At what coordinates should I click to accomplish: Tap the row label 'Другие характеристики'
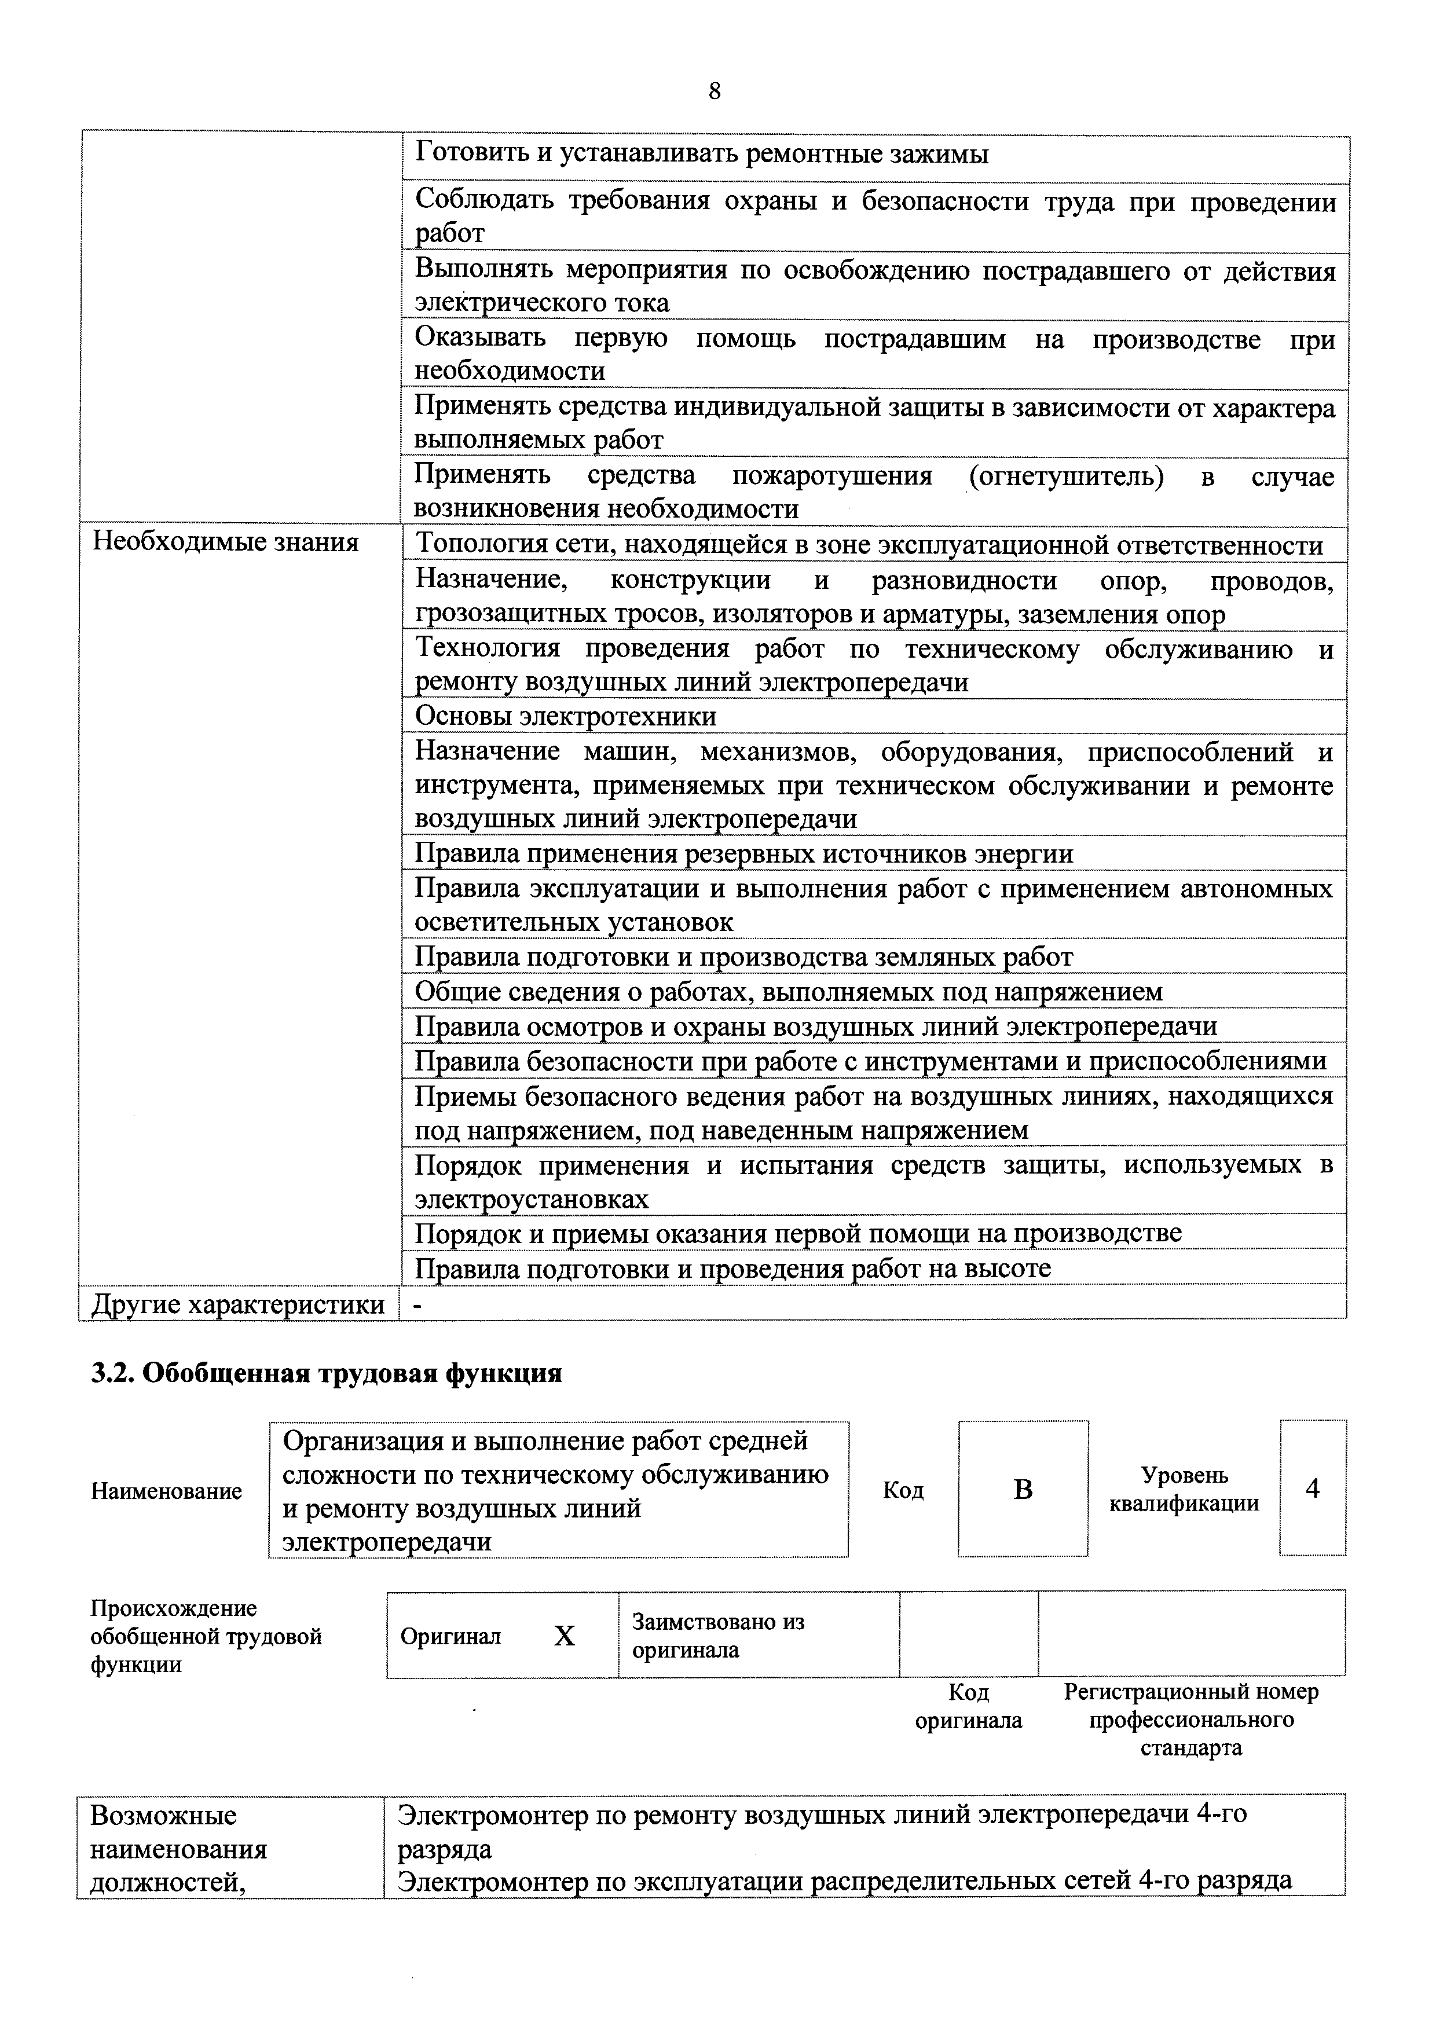(x=239, y=1304)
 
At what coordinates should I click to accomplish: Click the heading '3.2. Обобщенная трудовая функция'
(x=327, y=1373)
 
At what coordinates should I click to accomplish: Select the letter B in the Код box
(x=1022, y=1490)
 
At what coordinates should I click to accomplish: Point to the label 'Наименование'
(x=166, y=1491)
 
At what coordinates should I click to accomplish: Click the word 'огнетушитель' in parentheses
(x=1066, y=477)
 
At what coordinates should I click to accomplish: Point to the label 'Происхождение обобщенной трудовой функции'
(x=206, y=1637)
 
